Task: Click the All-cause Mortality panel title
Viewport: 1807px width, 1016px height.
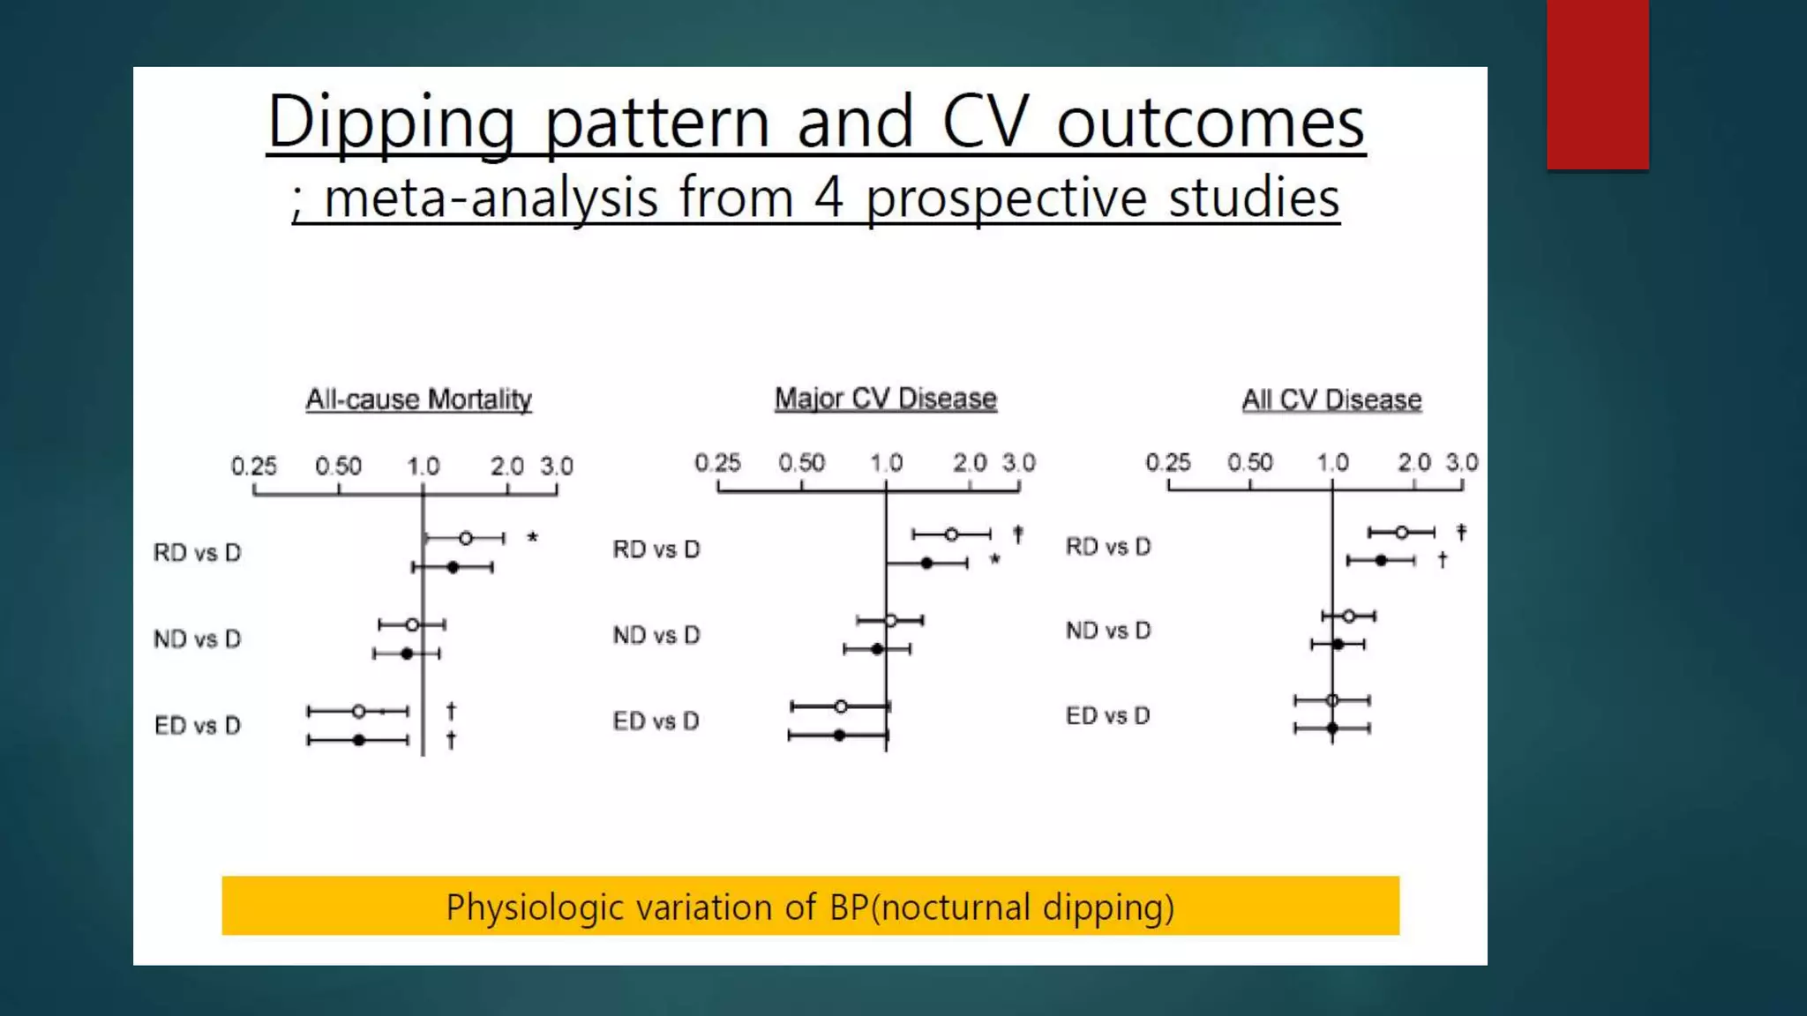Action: [418, 400]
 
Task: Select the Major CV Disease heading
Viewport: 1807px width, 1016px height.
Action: [885, 399]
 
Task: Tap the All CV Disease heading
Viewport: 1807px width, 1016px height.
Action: [1331, 400]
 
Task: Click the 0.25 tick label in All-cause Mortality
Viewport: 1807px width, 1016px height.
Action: [253, 466]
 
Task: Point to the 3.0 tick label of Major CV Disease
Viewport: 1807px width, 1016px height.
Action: [1018, 463]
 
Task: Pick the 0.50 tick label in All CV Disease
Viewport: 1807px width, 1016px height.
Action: [1249, 463]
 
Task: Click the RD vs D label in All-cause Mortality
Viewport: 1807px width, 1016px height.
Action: [197, 553]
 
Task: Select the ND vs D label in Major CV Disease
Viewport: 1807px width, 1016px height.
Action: [656, 635]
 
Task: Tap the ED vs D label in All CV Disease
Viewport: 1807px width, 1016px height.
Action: [1107, 716]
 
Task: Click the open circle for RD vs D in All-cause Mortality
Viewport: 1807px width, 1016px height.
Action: [466, 538]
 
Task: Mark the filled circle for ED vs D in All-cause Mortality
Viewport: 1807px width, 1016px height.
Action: [359, 740]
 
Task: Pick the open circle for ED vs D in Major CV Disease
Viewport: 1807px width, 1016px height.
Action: [841, 706]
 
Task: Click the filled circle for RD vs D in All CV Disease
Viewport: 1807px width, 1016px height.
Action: [1382, 560]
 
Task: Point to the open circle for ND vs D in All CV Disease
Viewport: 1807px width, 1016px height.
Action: [1348, 616]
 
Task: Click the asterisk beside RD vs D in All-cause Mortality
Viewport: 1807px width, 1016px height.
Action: [532, 538]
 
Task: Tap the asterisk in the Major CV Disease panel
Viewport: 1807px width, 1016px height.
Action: [994, 560]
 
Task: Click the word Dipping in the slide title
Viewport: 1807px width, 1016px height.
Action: [391, 122]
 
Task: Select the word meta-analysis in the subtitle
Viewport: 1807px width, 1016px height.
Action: [491, 198]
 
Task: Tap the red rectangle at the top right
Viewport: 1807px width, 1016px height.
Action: [1597, 84]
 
